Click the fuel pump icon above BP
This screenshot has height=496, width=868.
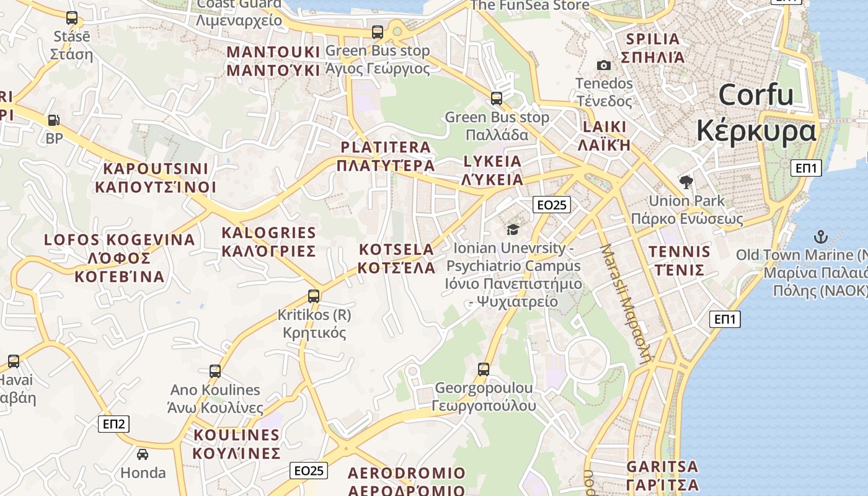54,120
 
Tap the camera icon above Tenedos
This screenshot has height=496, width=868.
603,65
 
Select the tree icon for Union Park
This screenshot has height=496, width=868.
686,182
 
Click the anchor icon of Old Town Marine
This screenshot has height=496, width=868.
820,236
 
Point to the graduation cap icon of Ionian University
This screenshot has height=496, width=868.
513,230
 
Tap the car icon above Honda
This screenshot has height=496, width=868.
143,454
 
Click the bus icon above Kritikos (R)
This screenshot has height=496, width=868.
314,296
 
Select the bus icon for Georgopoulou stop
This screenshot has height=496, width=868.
484,370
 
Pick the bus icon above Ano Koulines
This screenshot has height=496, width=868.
215,371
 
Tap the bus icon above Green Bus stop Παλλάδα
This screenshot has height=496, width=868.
497,98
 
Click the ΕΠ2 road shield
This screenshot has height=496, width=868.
114,424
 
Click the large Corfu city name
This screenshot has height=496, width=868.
756,95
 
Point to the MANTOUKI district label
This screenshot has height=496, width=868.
273,51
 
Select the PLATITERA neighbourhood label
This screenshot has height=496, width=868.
386,148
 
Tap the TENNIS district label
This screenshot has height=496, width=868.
680,252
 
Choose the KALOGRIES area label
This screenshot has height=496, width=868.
269,233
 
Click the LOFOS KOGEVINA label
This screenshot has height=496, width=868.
120,240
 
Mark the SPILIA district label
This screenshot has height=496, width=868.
653,39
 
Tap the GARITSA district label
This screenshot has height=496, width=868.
662,467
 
